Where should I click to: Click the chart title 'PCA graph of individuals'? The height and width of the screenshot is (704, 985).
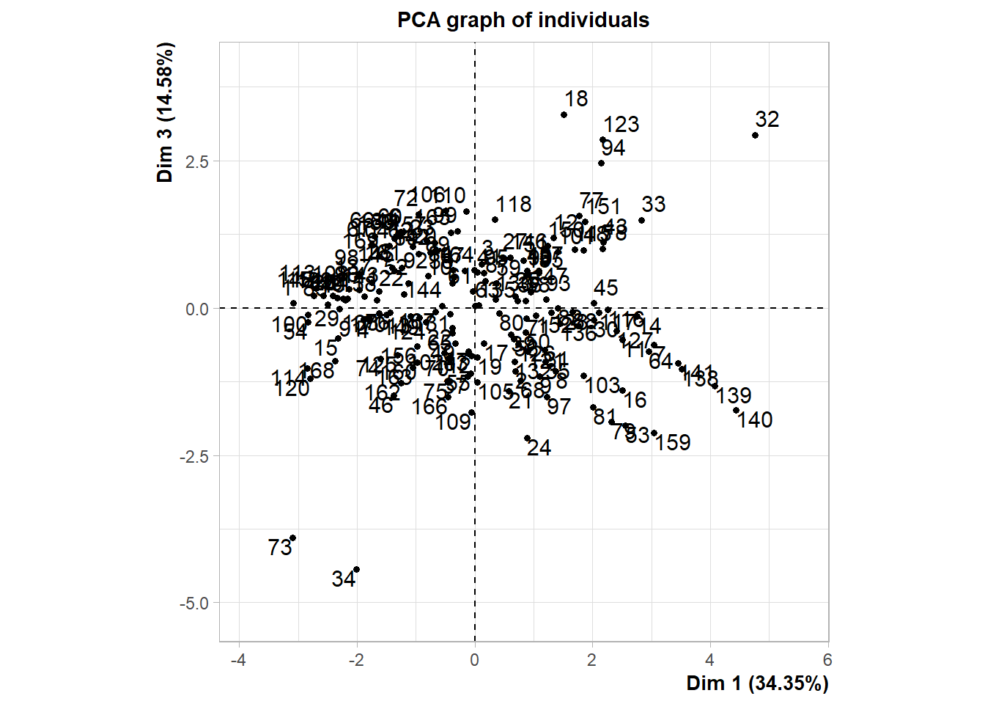pyautogui.click(x=523, y=20)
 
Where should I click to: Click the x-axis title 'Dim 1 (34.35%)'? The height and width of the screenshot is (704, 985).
pyautogui.click(x=757, y=683)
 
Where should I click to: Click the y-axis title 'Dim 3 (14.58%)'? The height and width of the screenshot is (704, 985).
pyautogui.click(x=166, y=111)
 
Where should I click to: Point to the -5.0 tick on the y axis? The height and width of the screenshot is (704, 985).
pyautogui.click(x=194, y=603)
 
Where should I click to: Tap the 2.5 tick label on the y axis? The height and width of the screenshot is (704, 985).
pyautogui.click(x=196, y=161)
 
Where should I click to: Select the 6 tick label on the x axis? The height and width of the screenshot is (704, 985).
pyautogui.click(x=827, y=660)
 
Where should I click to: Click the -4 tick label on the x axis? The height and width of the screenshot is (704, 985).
pyautogui.click(x=238, y=660)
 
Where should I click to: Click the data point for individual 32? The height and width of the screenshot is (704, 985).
pyautogui.click(x=755, y=135)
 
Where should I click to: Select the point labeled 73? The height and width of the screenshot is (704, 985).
pyautogui.click(x=292, y=538)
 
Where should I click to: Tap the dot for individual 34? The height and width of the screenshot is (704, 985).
pyautogui.click(x=356, y=570)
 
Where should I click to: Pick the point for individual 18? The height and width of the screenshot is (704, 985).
pyautogui.click(x=564, y=114)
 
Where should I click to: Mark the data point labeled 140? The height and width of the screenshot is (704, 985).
pyautogui.click(x=736, y=410)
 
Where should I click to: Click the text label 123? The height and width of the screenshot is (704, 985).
pyautogui.click(x=621, y=125)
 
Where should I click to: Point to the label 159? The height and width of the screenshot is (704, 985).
pyautogui.click(x=673, y=443)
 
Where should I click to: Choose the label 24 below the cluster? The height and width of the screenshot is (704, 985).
pyautogui.click(x=539, y=448)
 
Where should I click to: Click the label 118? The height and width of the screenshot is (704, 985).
pyautogui.click(x=513, y=205)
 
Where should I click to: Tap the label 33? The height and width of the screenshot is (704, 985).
pyautogui.click(x=653, y=205)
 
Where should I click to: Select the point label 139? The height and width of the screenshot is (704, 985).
pyautogui.click(x=734, y=396)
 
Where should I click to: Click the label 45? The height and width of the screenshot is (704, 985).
pyautogui.click(x=605, y=288)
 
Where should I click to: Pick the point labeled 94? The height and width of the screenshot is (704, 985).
pyautogui.click(x=601, y=163)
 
